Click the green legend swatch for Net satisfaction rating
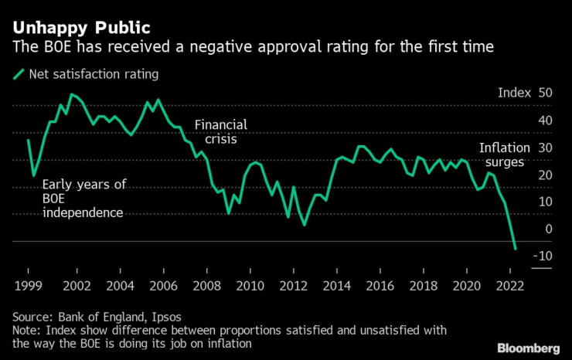[18, 75]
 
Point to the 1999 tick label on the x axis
[29, 285]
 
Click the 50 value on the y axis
[544, 93]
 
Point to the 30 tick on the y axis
[544, 148]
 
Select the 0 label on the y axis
[548, 229]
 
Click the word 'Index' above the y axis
[514, 93]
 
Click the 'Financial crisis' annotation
[220, 133]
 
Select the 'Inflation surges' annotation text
[504, 155]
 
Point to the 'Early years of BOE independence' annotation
[83, 199]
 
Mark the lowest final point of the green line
[516, 249]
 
